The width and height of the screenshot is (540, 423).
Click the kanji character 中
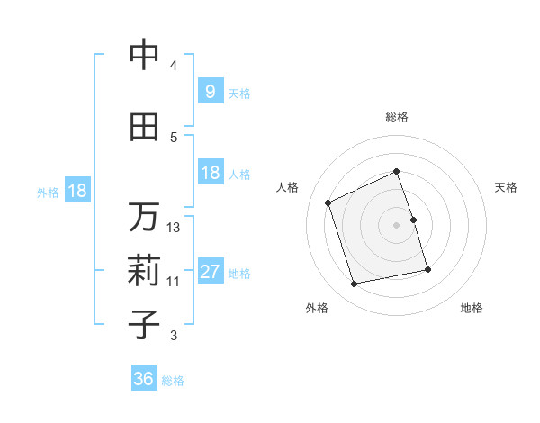click(x=145, y=55)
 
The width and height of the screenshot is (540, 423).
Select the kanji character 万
click(x=145, y=217)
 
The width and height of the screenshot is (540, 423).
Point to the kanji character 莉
click(x=145, y=271)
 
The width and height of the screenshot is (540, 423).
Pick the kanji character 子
click(x=145, y=325)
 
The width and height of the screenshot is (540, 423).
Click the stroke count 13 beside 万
click(x=174, y=228)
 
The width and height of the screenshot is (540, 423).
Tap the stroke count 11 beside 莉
click(x=174, y=282)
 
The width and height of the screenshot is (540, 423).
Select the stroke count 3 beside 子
click(x=174, y=336)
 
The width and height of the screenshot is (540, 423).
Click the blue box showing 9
click(x=210, y=92)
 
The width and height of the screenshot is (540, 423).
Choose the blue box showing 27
click(x=210, y=273)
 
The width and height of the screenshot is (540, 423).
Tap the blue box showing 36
click(x=144, y=380)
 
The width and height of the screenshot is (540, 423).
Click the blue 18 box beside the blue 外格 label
click(x=76, y=191)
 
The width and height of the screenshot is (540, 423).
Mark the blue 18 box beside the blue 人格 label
click(x=210, y=173)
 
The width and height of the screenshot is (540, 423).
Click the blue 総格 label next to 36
click(x=174, y=381)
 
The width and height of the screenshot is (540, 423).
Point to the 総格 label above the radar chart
click(x=397, y=117)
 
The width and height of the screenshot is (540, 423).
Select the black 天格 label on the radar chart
click(x=506, y=187)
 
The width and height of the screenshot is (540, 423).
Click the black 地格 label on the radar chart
click(x=472, y=308)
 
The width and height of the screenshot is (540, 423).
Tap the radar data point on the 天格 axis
click(x=413, y=219)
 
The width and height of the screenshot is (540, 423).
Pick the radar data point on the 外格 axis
click(x=355, y=284)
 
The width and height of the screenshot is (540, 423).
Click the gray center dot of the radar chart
click(x=397, y=225)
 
